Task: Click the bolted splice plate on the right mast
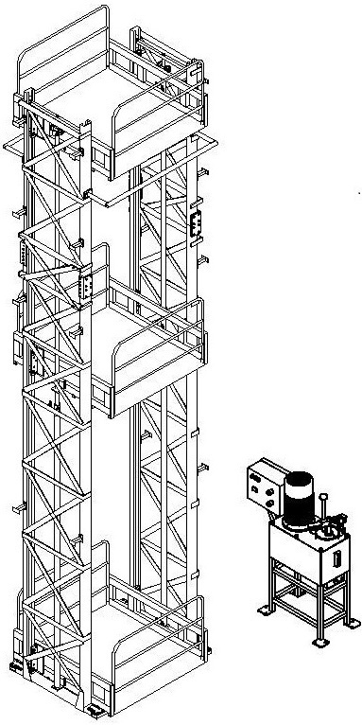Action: pyautogui.click(x=197, y=225)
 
